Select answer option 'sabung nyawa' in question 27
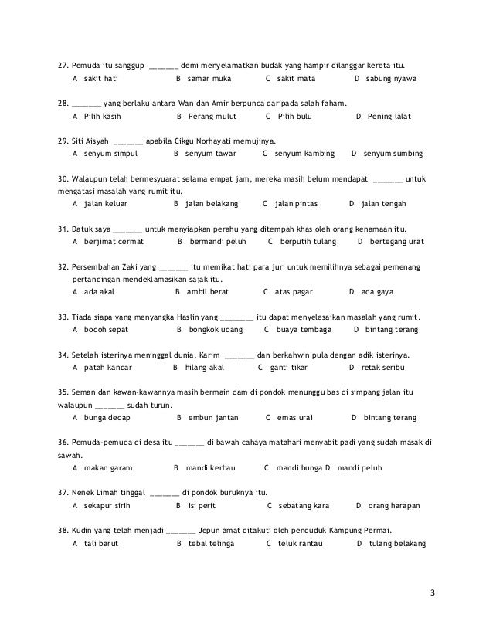[391, 79]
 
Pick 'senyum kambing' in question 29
[304, 154]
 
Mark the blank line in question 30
[388, 178]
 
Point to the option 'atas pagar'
[297, 292]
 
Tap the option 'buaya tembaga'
[304, 330]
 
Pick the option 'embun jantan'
[213, 418]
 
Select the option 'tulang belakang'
[398, 543]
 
